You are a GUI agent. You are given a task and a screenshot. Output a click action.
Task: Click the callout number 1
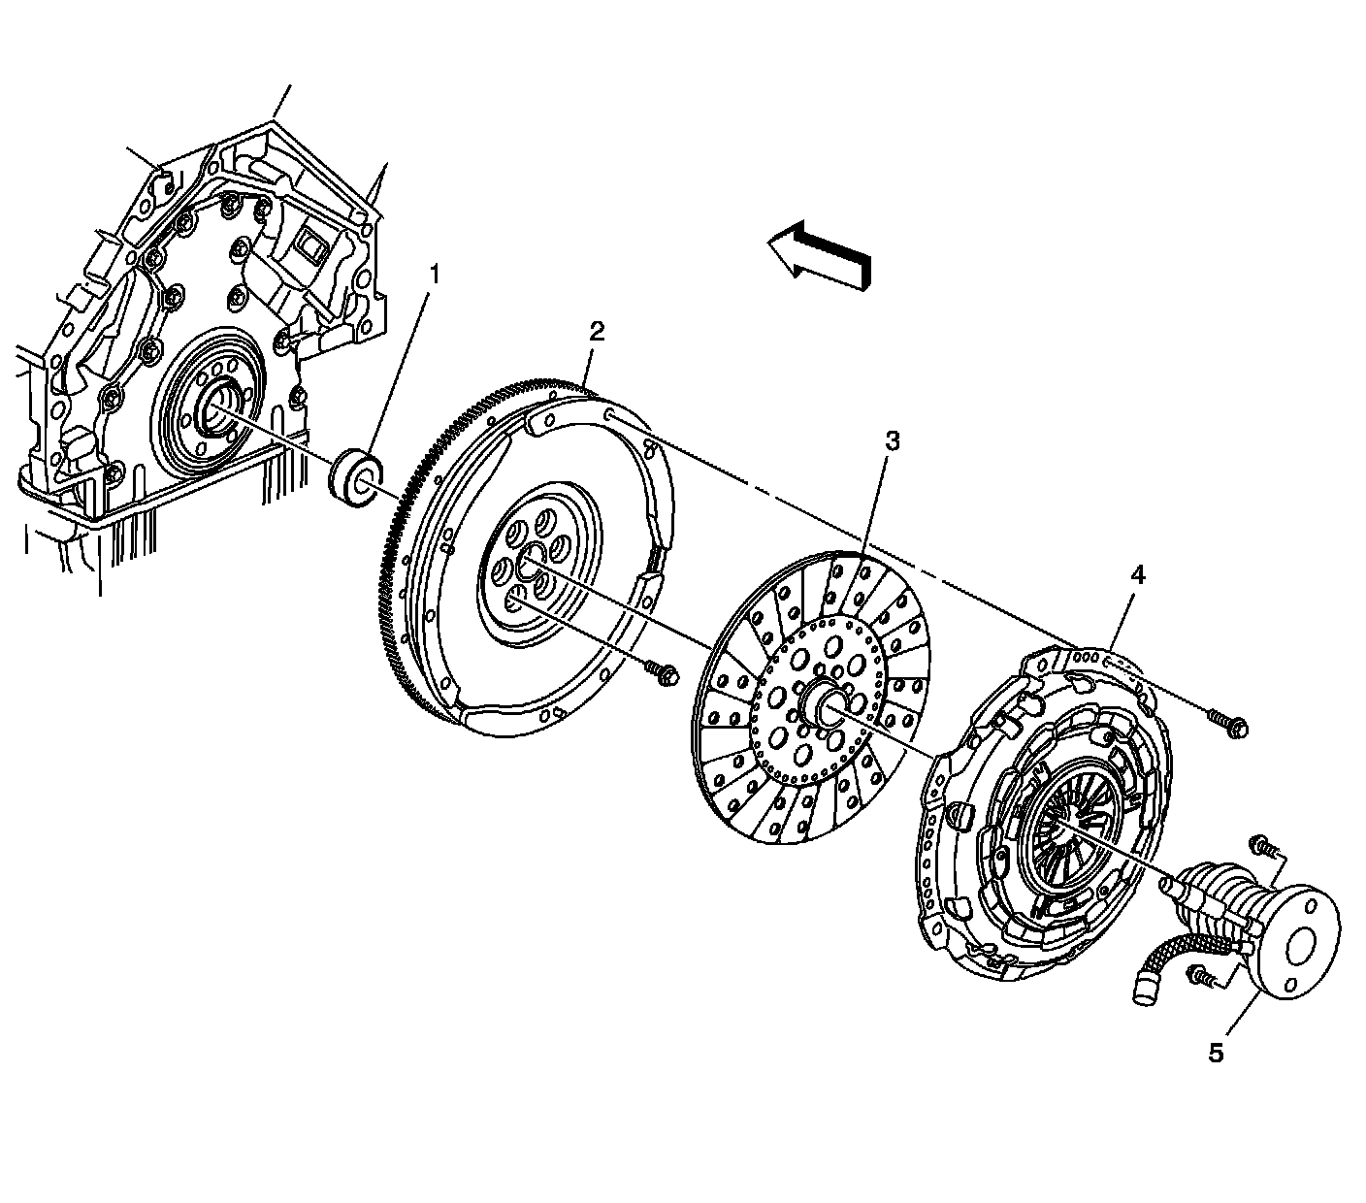coord(434,275)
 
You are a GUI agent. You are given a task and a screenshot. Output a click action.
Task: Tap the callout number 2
coord(597,332)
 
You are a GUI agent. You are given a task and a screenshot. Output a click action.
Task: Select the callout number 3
coord(892,441)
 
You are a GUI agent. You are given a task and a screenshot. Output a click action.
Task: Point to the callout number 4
coord(1136,575)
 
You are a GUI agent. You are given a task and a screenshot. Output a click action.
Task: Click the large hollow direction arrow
coord(820,254)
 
